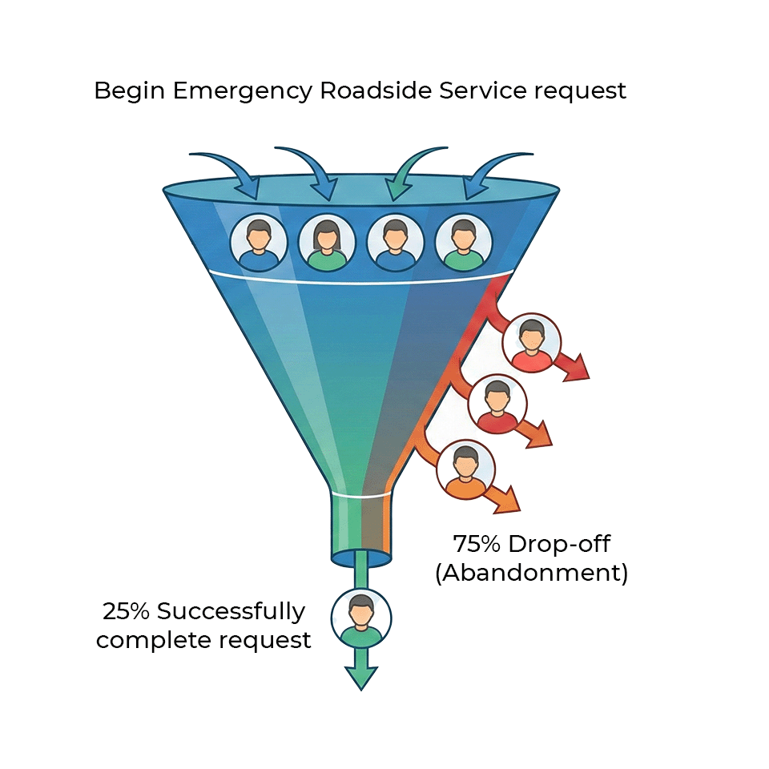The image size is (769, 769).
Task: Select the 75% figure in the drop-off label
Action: (477, 545)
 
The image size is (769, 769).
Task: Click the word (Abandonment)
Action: (531, 574)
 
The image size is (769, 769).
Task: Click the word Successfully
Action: (231, 612)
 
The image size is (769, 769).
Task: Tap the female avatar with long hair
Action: (327, 241)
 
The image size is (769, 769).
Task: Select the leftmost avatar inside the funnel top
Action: (259, 241)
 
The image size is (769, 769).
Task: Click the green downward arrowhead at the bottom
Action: (361, 678)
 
